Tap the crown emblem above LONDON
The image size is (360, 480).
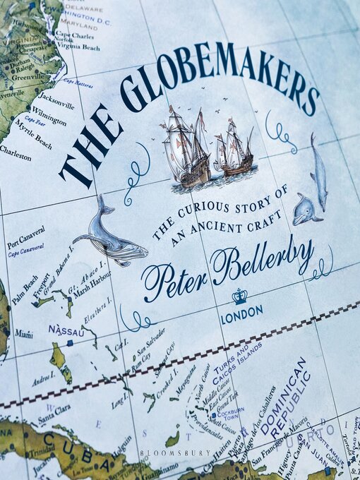pyautogui.click(x=239, y=295)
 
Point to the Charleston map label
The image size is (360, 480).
pyautogui.click(x=15, y=152)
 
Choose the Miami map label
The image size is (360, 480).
pyautogui.click(x=23, y=334)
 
